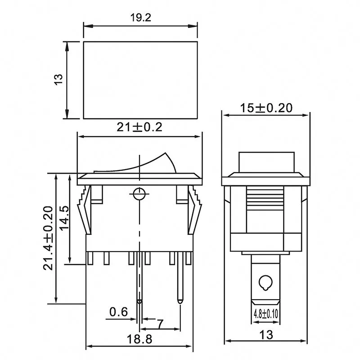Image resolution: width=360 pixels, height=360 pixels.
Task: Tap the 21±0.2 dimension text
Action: pos(139,127)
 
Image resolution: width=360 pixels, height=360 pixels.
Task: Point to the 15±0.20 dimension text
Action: pos(266,108)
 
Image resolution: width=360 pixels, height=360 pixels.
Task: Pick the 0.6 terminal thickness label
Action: pos(119,311)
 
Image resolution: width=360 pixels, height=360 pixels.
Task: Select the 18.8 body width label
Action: pos(139,338)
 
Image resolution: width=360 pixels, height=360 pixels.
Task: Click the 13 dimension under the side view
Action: pos(266,336)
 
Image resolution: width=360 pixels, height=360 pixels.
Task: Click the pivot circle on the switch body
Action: pos(139,194)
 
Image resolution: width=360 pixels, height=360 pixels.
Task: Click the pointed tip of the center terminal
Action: pos(139,301)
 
